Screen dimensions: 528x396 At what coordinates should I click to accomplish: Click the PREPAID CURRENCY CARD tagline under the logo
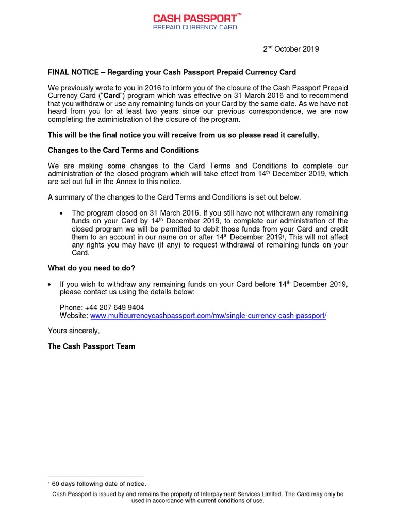[x=195, y=27]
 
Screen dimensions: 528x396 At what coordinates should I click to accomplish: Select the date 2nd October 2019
[x=291, y=49]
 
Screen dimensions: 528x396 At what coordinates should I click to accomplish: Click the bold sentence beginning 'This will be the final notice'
[x=184, y=135]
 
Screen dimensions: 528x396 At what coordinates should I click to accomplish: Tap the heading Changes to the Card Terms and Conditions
[x=123, y=150]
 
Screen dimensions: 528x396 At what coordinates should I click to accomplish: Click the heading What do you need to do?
[x=91, y=268]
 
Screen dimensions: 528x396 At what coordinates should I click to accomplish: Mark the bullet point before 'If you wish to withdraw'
[x=49, y=284]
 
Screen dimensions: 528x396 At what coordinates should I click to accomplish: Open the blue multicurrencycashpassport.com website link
[x=208, y=316]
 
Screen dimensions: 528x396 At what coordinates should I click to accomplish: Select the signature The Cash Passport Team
[x=91, y=346]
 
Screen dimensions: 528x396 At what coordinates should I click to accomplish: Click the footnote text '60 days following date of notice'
[x=99, y=484]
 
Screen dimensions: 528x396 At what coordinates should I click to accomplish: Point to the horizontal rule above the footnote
[x=95, y=476]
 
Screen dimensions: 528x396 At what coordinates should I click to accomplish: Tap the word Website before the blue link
[x=74, y=316]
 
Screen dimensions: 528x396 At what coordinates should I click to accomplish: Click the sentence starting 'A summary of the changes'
[x=174, y=197]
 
